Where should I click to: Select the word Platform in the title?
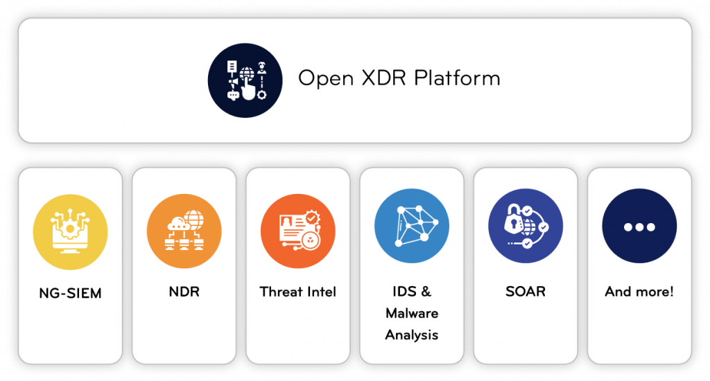click(x=457, y=78)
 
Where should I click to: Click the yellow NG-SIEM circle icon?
click(x=70, y=230)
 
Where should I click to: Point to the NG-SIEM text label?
click(x=70, y=293)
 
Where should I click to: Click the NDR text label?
click(x=184, y=292)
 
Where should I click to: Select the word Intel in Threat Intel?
click(x=322, y=292)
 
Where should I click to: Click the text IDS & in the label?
click(x=411, y=292)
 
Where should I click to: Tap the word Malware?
click(x=411, y=313)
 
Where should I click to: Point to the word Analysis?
click(x=411, y=335)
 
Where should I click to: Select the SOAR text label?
click(x=525, y=292)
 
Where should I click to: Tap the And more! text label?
click(x=639, y=292)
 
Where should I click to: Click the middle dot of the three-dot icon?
click(x=639, y=227)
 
